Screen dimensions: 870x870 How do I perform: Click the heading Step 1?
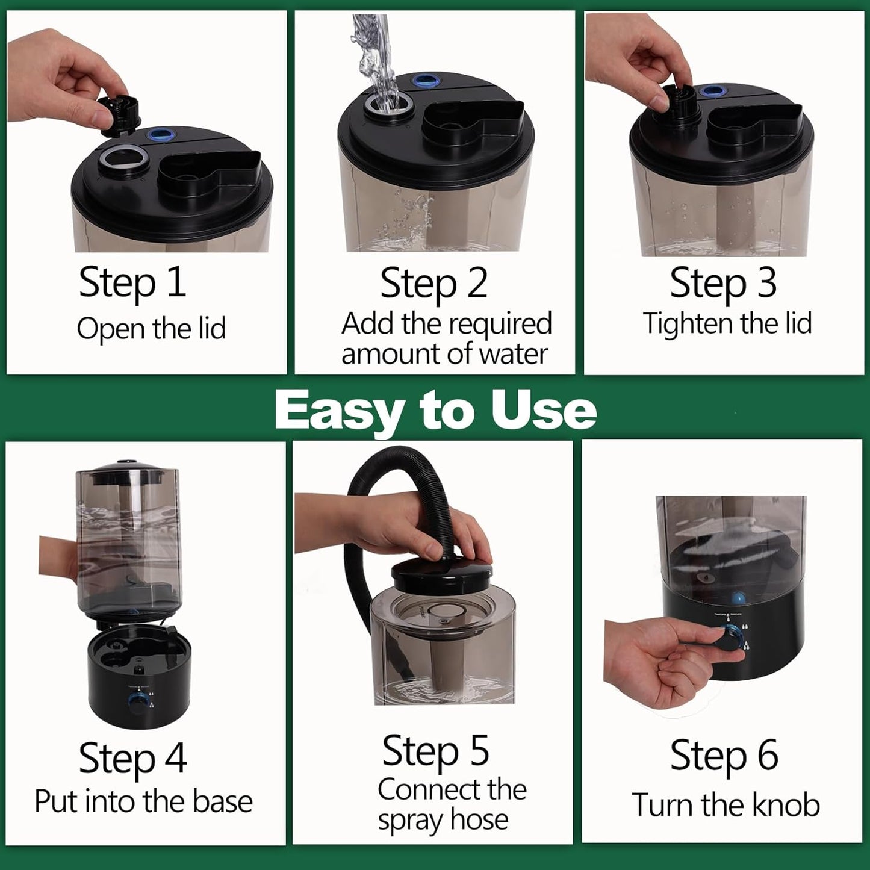tap(132, 283)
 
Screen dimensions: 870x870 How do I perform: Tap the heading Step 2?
tap(434, 283)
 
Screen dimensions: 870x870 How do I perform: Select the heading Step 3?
tap(723, 283)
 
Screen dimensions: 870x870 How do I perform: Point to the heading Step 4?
tap(132, 759)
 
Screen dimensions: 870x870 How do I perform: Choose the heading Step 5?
tap(436, 751)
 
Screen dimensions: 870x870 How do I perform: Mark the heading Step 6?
tap(724, 756)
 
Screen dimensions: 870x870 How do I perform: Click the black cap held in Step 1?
tap(120, 116)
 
